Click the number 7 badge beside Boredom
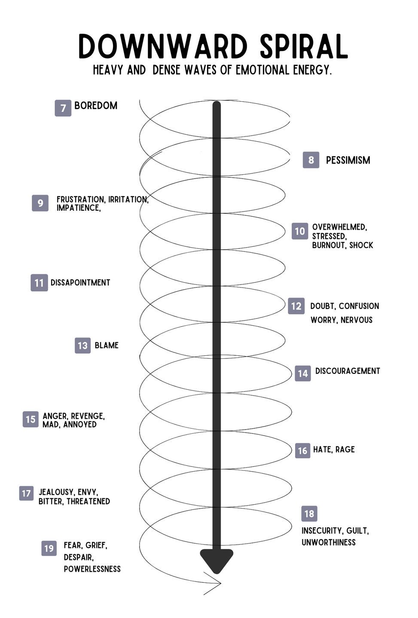[63, 108]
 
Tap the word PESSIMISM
[348, 161]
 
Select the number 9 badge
[40, 203]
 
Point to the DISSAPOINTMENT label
[80, 283]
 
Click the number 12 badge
[296, 306]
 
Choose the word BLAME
[107, 345]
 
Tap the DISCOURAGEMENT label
[348, 371]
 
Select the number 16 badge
[302, 451]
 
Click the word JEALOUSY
[56, 492]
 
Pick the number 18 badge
[309, 514]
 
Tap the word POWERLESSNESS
[92, 569]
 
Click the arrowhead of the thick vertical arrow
[217, 560]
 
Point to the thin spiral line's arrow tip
[220, 583]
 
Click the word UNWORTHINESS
[328, 542]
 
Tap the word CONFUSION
[359, 306]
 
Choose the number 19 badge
[49, 548]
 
